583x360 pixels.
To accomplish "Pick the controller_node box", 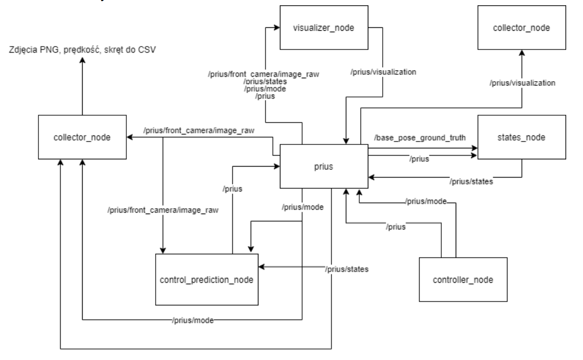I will tap(463, 280).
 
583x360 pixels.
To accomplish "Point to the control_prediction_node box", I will tap(207, 279).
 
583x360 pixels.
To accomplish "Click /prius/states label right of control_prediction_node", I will tap(346, 269).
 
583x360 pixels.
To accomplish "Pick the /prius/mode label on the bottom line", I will tap(193, 320).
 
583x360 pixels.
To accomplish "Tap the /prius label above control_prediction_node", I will tap(232, 189).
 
